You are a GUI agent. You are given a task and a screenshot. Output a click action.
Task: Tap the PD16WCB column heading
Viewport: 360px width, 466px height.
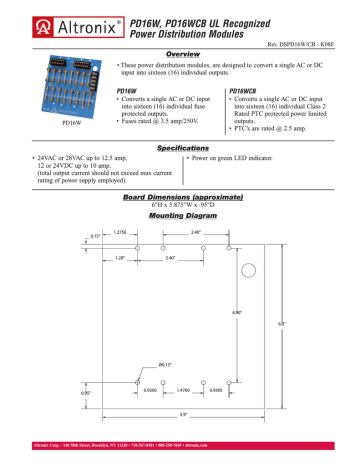(250, 89)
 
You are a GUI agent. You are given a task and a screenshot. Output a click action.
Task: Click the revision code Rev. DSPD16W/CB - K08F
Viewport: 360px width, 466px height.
(306, 43)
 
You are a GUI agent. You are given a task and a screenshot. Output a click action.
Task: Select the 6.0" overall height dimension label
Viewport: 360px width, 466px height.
(311, 322)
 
